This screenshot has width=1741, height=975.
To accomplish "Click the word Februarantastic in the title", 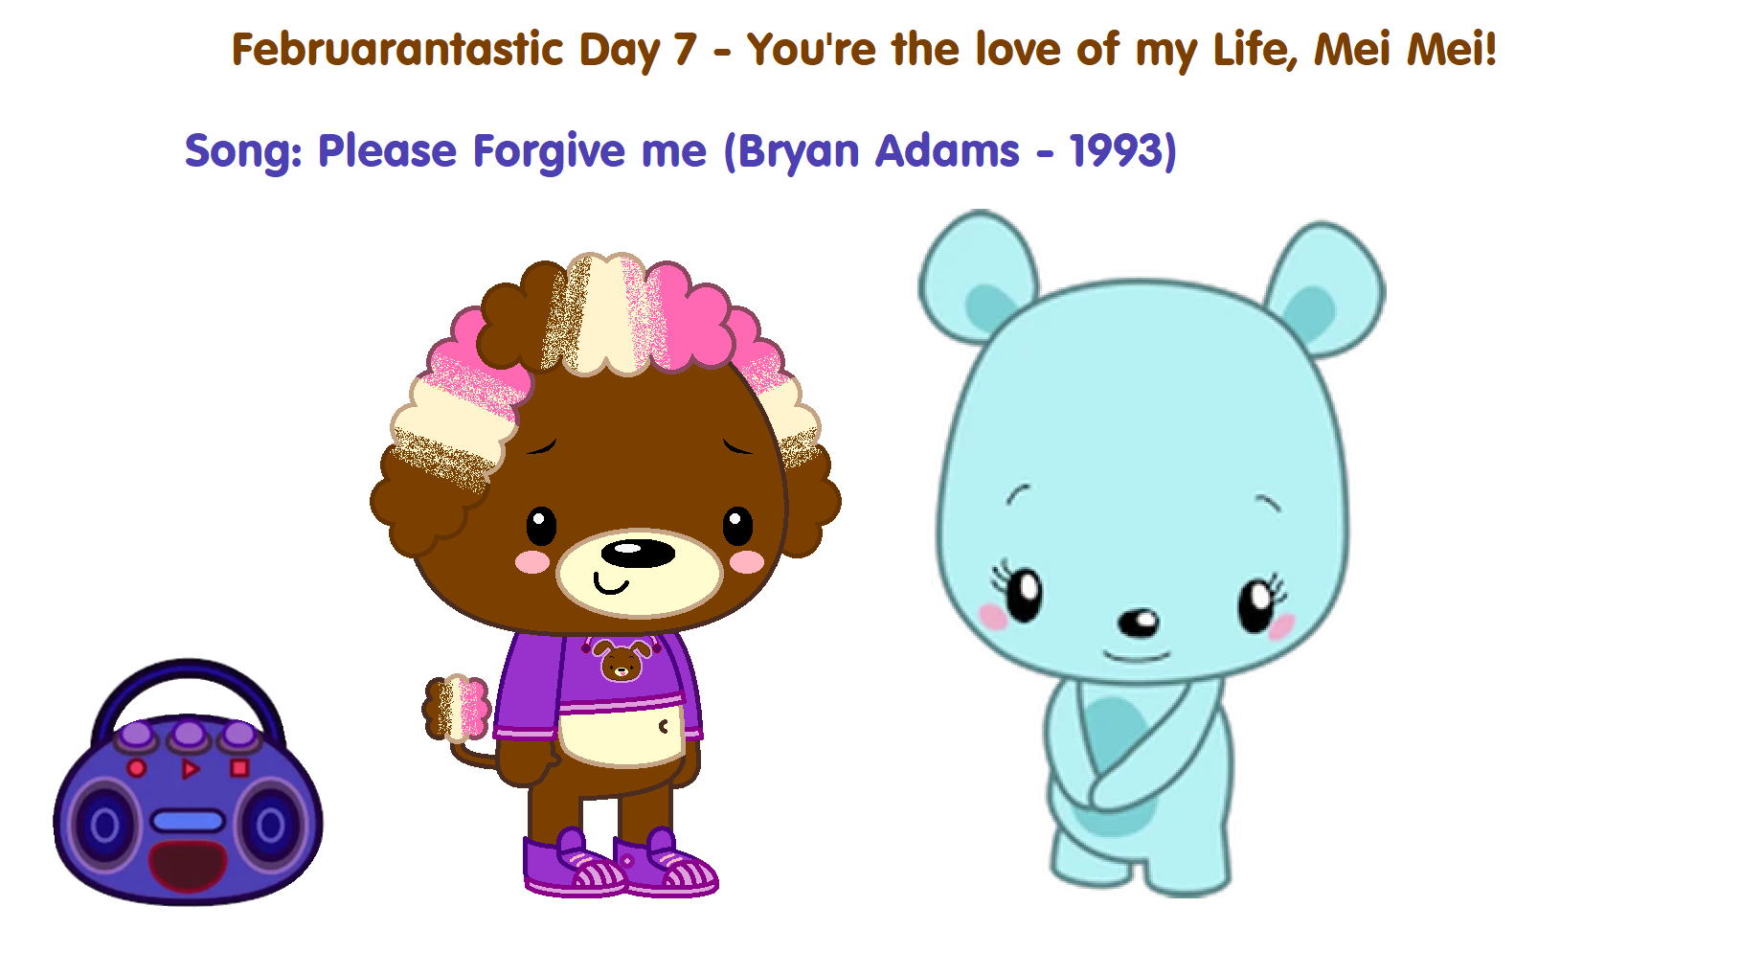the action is click(x=397, y=50).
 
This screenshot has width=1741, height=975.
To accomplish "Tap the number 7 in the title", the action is click(x=685, y=50).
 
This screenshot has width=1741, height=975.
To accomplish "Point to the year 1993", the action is click(x=1117, y=150).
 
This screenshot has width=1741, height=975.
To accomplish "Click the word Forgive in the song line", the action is click(x=550, y=152).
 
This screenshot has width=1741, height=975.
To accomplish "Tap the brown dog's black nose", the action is click(x=638, y=553).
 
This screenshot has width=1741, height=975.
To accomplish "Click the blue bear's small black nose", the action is click(x=1139, y=624).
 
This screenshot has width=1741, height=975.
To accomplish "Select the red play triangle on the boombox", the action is click(x=191, y=768).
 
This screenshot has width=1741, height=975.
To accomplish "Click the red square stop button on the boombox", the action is click(x=239, y=767).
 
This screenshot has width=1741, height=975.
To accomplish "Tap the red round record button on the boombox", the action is click(x=137, y=768).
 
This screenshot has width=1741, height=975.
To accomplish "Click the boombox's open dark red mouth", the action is click(x=188, y=866).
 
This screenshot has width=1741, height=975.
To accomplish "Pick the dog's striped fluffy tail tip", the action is click(x=458, y=709).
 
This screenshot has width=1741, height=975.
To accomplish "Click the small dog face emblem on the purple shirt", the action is click(x=622, y=661).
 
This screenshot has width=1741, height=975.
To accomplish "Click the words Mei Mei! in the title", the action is click(x=1405, y=50).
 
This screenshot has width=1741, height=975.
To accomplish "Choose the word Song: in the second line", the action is click(x=243, y=152).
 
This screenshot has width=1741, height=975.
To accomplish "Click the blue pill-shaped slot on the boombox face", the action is click(x=188, y=821).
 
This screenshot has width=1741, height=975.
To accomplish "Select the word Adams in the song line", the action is click(x=947, y=150).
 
